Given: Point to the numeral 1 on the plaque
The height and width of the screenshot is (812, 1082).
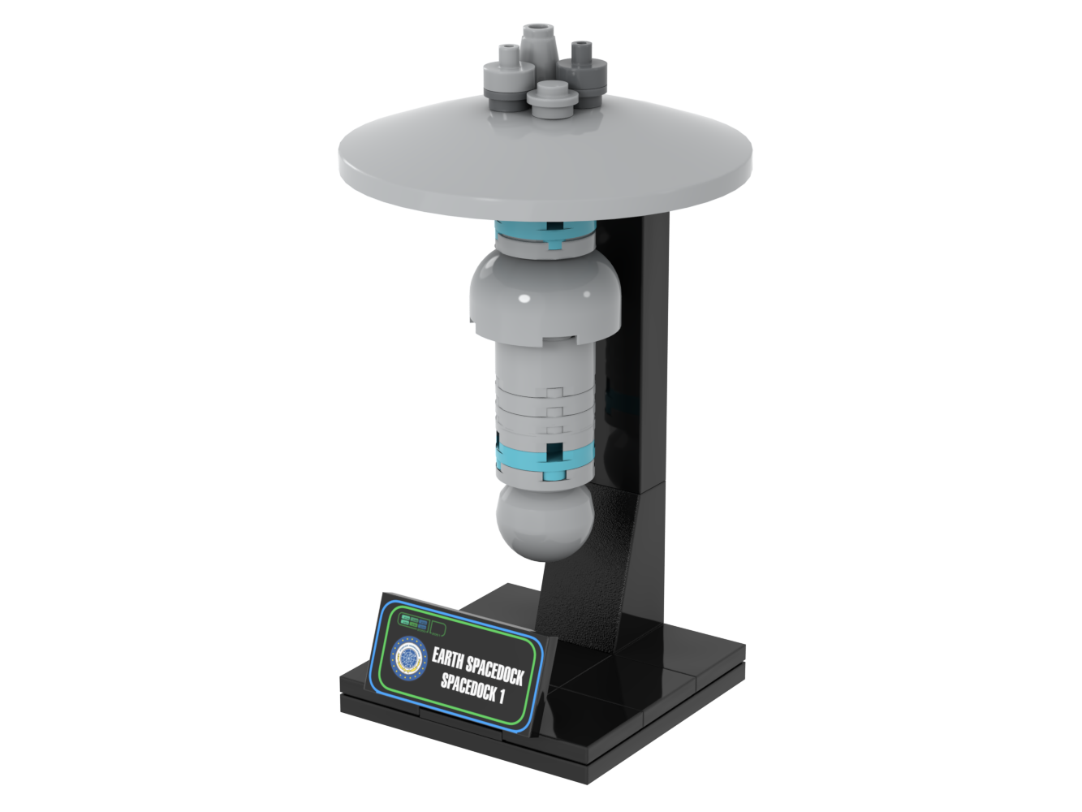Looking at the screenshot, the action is coord(502,697).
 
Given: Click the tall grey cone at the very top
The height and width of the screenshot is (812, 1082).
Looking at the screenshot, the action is coord(537,45).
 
